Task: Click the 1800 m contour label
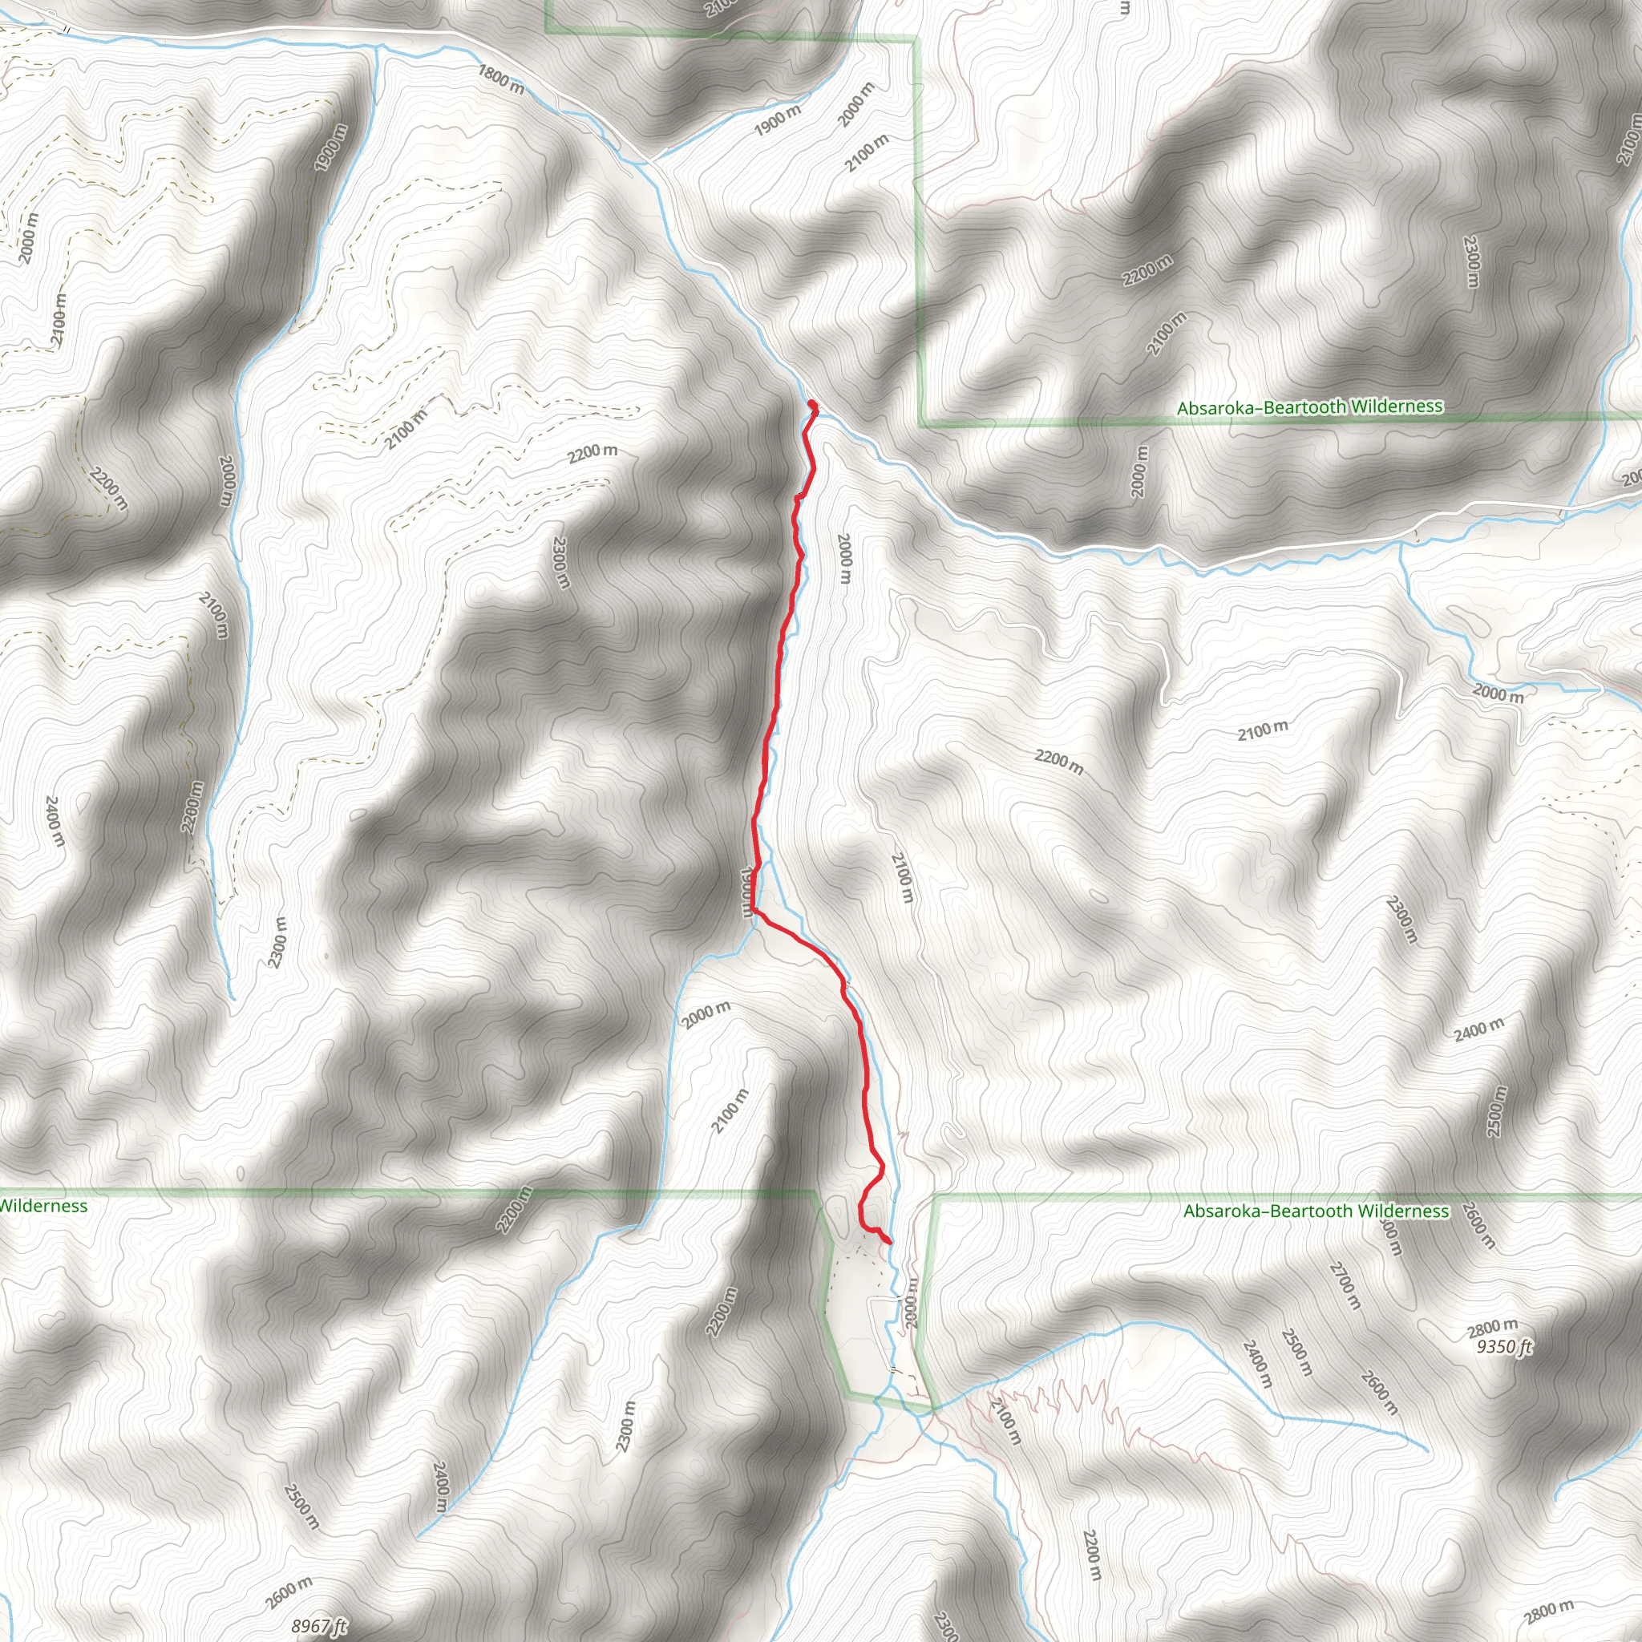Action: (500, 79)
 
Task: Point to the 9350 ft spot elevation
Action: (1503, 1347)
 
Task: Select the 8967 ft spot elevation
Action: (319, 1627)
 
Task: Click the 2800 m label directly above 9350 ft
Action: (1492, 1328)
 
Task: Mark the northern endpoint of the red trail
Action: (811, 404)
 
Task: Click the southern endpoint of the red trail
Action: (889, 1243)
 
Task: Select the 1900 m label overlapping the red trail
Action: (749, 892)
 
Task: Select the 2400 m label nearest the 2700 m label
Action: (1257, 1365)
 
